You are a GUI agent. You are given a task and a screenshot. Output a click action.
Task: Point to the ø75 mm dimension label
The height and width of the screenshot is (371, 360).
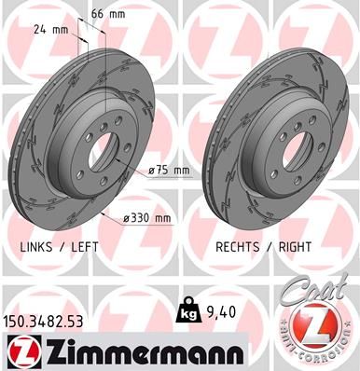(x=169, y=170)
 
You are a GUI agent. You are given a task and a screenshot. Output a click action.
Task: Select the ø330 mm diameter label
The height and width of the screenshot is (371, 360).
(x=149, y=218)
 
